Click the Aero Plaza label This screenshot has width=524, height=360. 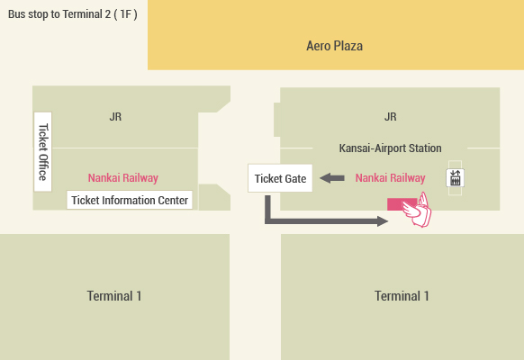335,46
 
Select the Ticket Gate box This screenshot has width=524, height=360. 280,178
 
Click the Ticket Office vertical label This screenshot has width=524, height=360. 43,152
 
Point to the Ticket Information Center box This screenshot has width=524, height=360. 130,200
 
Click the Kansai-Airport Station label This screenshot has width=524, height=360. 391,148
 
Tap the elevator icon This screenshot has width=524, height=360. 456,178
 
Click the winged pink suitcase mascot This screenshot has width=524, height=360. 417,210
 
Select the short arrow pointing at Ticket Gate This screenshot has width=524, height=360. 332,178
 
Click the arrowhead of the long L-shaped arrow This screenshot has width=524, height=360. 383,221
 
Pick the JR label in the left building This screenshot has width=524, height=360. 115,117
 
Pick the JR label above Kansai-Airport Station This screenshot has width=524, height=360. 391,117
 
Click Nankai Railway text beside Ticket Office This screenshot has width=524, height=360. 123,178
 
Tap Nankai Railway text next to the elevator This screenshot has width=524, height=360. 391,178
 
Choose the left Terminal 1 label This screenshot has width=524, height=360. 114,296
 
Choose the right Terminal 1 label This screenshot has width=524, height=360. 402,296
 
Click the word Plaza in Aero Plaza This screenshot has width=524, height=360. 349,46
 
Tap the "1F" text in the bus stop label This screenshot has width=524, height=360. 126,14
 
